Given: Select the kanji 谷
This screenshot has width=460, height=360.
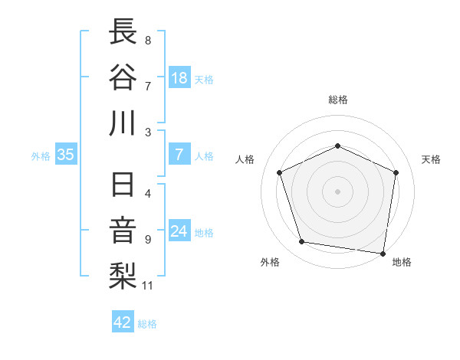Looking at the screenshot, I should point(123,77).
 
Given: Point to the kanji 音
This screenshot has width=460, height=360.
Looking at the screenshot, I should point(123,231).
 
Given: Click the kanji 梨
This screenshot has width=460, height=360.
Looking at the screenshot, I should point(123,276).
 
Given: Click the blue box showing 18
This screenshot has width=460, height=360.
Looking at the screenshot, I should point(179,78).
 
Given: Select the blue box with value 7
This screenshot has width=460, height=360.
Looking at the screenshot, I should point(179,155).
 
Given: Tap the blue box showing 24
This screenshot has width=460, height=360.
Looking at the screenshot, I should point(179,231).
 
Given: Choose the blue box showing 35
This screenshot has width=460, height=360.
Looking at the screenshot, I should point(66,155).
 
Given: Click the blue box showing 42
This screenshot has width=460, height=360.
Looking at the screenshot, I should point(123,322).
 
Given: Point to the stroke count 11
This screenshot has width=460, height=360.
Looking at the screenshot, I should point(149,286).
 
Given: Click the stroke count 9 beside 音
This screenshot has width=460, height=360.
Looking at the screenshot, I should point(148,239).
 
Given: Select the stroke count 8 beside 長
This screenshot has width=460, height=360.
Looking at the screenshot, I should point(148,40).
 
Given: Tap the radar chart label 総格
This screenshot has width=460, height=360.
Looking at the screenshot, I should point(337,100).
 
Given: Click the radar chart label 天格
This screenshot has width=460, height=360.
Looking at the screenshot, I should point(431,159).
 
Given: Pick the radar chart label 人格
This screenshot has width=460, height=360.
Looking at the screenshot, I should point(245,159).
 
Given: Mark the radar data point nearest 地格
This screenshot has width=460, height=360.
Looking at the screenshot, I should point(383,253).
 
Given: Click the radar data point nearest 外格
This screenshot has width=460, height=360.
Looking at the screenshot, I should point(302,242).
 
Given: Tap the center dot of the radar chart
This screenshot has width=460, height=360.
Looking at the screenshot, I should point(337,191).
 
